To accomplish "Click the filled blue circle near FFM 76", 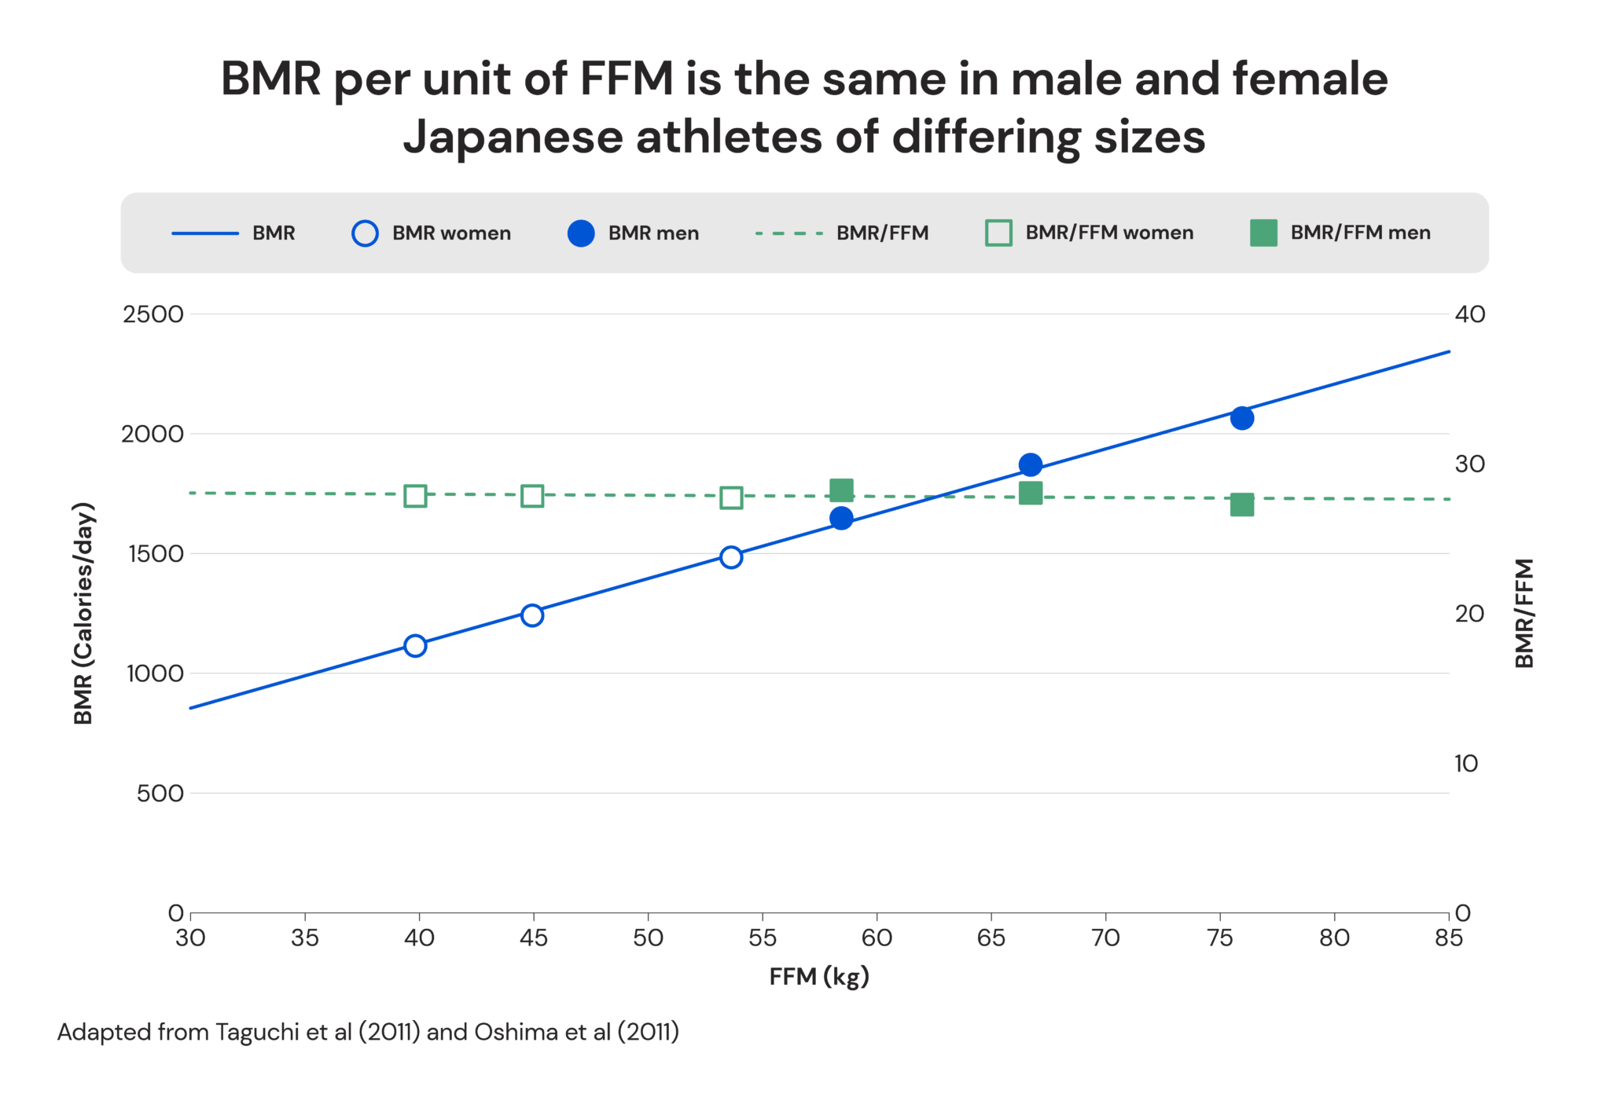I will click(x=1241, y=418).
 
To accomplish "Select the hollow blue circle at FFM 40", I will click(x=415, y=646).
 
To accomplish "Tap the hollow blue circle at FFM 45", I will click(x=532, y=615).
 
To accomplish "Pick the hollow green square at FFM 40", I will click(x=415, y=496).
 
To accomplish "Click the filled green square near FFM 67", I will click(x=1030, y=493).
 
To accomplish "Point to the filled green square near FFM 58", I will click(x=841, y=490).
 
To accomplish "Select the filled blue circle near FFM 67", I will click(x=1030, y=465).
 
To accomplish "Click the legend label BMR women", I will click(x=451, y=233).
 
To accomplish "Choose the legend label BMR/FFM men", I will click(x=1360, y=233).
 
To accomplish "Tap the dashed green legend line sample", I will click(x=788, y=233).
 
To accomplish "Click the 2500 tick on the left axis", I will click(x=153, y=314).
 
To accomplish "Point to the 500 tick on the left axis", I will click(x=160, y=794).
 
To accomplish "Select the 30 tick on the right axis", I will click(x=1469, y=464).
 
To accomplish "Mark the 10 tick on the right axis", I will click(x=1466, y=763).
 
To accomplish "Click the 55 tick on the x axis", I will click(x=762, y=938).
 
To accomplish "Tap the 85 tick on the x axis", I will click(x=1448, y=938).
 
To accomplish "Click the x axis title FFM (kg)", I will click(x=818, y=977).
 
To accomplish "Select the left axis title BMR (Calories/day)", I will click(x=83, y=613).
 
